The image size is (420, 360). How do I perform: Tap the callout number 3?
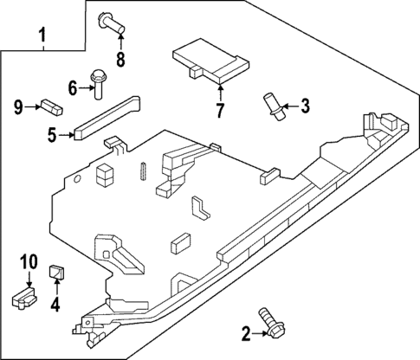tap(304, 106)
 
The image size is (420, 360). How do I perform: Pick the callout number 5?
tap(52, 134)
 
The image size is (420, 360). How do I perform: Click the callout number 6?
tap(73, 87)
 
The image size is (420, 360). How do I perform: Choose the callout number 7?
tap(220, 110)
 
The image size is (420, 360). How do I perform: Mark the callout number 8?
tap(120, 59)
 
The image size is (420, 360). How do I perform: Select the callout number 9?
tap(18, 106)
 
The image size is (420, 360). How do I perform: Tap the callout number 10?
tap(29, 260)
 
